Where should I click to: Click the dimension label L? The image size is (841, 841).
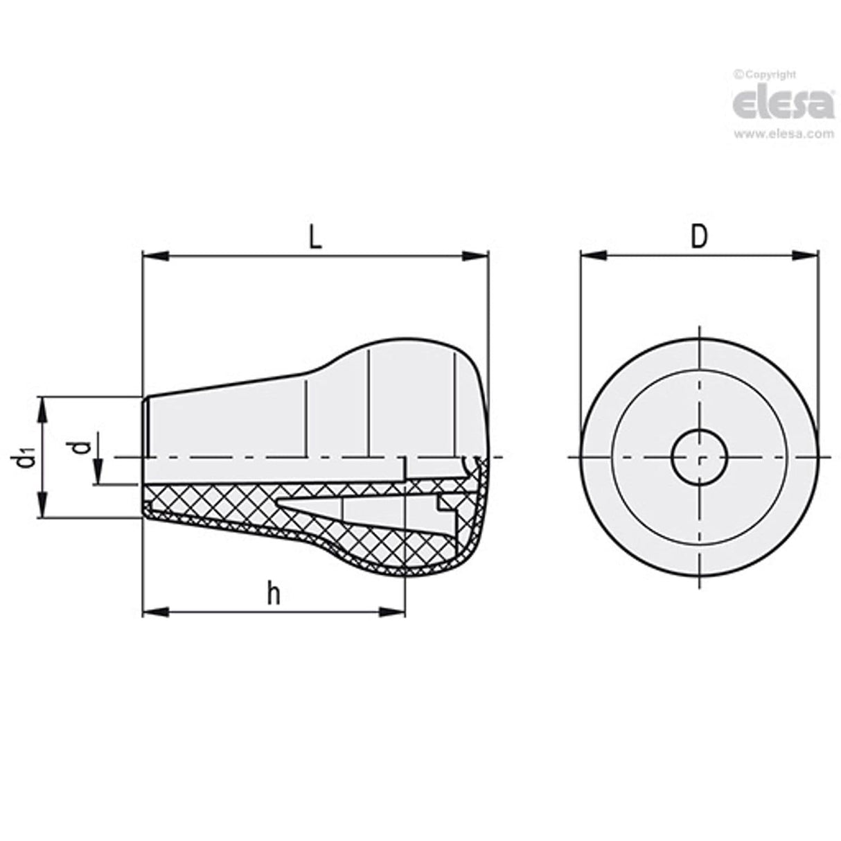click(x=315, y=238)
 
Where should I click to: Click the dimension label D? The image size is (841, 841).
click(x=700, y=238)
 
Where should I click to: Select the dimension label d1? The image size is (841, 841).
click(x=26, y=458)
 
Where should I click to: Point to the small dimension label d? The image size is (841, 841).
click(x=82, y=448)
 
